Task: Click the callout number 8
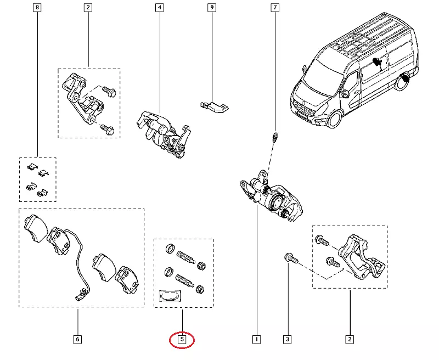coord(37,8)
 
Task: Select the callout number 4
coord(159,8)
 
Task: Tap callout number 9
coord(211,8)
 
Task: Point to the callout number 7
coord(275,8)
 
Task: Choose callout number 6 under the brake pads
coord(77,339)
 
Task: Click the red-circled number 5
coord(182,340)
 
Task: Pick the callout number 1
coord(256,339)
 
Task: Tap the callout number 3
coord(287,339)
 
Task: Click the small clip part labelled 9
coord(215,106)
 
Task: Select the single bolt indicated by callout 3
coord(290,258)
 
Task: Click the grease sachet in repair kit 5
coord(171,296)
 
